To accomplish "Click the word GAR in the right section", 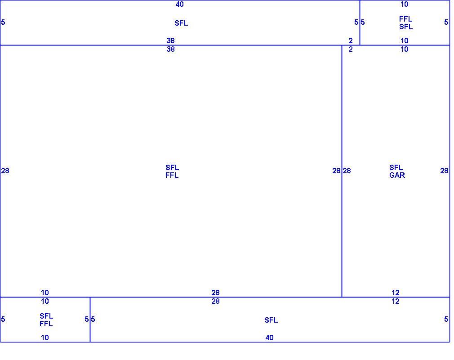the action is (x=397, y=175).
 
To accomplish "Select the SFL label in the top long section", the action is (x=181, y=23).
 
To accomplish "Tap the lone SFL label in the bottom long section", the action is (x=271, y=320).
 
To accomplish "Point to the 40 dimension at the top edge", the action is (x=179, y=4).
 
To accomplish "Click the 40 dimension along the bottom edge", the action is (x=269, y=337).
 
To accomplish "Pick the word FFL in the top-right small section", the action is (x=405, y=19).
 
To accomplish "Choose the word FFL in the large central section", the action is (x=172, y=175).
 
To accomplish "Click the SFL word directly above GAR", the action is (x=396, y=167).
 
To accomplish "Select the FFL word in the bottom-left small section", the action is (x=46, y=324).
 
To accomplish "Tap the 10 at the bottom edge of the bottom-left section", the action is (x=45, y=337).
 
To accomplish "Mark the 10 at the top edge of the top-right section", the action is (x=405, y=4).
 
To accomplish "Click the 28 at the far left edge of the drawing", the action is (x=5, y=171).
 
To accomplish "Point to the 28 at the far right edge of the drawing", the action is (x=444, y=171).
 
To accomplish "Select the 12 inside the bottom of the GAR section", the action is (x=396, y=292).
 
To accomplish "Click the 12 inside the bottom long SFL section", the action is (x=396, y=301).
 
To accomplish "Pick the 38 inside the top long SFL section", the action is (x=170, y=40).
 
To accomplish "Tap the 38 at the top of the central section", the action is (x=170, y=49).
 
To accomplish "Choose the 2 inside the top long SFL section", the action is (x=351, y=40).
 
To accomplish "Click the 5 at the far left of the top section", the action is (x=3, y=22).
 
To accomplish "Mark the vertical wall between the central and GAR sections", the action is (x=342, y=171).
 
